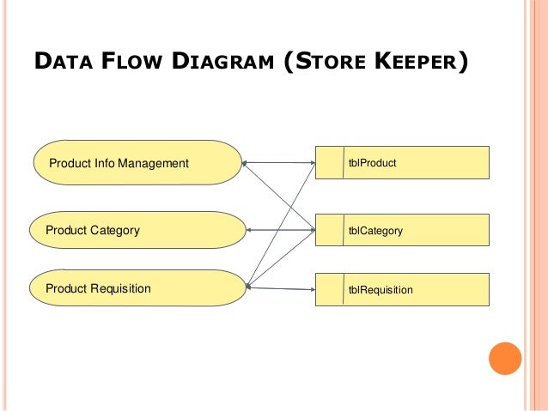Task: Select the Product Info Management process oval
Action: pos(137,163)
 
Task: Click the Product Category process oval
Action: pos(137,231)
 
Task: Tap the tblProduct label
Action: pos(372,162)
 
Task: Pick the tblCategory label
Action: pos(374,231)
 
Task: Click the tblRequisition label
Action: pos(380,290)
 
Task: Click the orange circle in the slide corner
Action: pos(505,359)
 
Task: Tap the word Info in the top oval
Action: pos(102,163)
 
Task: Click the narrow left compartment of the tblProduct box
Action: pos(328,162)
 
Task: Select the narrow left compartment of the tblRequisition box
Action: pos(328,289)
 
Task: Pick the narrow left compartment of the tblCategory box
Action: pos(328,231)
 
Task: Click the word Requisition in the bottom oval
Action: pos(120,288)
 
